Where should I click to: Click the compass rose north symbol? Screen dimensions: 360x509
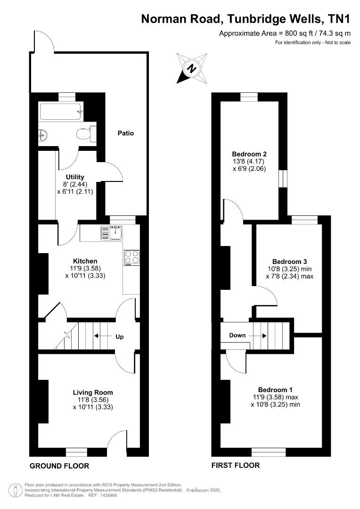click(x=192, y=68)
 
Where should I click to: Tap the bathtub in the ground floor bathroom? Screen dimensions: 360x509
click(x=61, y=111)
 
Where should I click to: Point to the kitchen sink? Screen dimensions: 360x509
click(x=112, y=233)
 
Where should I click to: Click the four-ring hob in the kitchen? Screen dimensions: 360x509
click(x=131, y=258)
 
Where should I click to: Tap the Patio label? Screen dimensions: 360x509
click(x=126, y=133)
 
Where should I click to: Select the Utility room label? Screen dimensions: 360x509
click(x=75, y=177)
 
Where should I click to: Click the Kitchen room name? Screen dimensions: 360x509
click(x=85, y=261)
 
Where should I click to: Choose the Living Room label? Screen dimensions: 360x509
click(x=93, y=393)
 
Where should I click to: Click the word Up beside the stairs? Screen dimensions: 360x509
click(x=120, y=337)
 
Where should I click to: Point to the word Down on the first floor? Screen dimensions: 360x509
click(x=237, y=336)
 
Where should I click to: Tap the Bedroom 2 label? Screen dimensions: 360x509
click(x=249, y=154)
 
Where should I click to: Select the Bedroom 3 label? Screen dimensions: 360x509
click(x=290, y=262)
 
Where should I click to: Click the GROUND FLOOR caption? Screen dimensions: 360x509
click(x=59, y=466)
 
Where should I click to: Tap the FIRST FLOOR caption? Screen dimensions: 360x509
click(x=236, y=466)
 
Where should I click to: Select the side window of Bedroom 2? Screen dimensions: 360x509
click(x=283, y=178)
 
